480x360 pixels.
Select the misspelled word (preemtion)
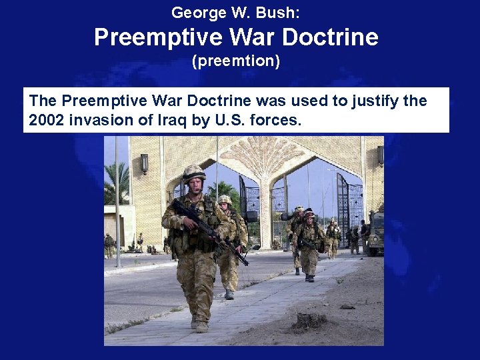coord(236,61)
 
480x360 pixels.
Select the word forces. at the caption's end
coord(276,121)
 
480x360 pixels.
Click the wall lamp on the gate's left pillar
coord(144,163)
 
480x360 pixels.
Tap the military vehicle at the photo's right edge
coord(375,233)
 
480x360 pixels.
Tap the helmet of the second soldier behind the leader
coord(225,199)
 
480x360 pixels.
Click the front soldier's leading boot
coord(201,327)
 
